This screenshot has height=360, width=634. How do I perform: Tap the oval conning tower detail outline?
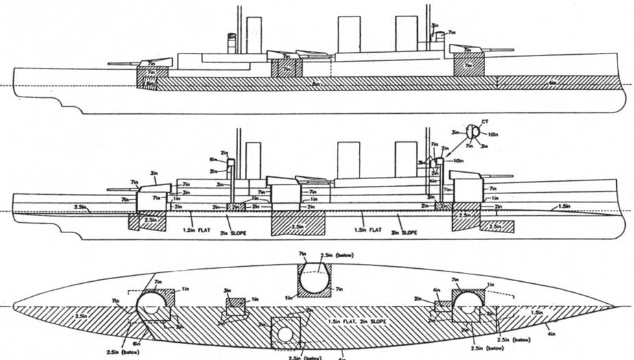[473, 132]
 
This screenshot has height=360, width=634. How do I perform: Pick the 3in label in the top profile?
[434, 25]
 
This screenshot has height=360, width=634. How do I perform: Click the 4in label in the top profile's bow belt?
[554, 84]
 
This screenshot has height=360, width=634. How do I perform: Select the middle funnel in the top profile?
[349, 34]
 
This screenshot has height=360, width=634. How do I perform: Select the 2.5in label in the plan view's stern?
[82, 315]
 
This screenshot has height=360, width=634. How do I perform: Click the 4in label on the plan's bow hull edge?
[552, 335]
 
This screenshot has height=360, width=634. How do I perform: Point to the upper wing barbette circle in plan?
[316, 277]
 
